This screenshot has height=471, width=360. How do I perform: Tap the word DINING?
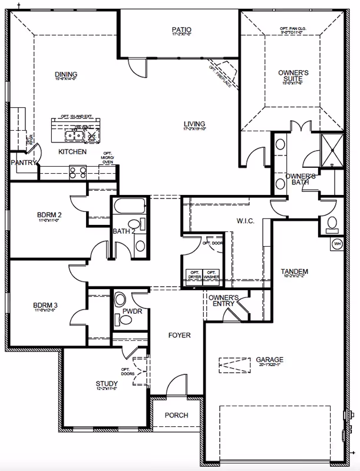(x=67, y=74)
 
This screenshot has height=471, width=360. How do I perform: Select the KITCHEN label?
(x=72, y=152)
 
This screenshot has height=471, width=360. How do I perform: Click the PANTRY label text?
(x=24, y=162)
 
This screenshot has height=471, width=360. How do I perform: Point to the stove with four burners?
(x=77, y=172)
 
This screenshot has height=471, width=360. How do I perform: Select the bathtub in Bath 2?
(x=129, y=207)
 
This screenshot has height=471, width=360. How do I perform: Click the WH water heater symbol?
(x=338, y=243)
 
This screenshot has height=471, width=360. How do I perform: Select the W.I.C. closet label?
(x=227, y=221)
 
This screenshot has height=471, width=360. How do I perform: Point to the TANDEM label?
(x=295, y=271)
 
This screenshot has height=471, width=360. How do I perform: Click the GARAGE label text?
(x=269, y=359)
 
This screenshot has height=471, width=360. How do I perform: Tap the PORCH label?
(x=177, y=415)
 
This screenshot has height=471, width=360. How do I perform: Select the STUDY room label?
(x=107, y=384)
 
